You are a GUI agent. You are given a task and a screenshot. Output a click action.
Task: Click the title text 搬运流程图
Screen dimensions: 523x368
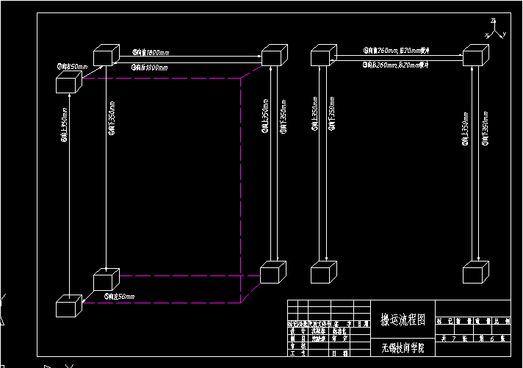(396, 320)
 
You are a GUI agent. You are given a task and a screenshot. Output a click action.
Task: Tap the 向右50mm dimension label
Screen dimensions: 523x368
(72, 66)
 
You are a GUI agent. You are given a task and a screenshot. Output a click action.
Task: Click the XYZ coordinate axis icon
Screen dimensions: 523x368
(495, 30)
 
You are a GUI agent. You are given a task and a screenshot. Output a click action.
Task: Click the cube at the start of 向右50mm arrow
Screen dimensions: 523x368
(67, 82)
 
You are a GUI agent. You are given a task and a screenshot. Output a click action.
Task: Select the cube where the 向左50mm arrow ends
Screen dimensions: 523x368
(68, 305)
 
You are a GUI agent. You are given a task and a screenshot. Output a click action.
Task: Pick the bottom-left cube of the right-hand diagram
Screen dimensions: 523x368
(323, 273)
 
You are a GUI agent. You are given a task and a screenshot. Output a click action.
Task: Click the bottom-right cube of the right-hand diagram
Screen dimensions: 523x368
(475, 273)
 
